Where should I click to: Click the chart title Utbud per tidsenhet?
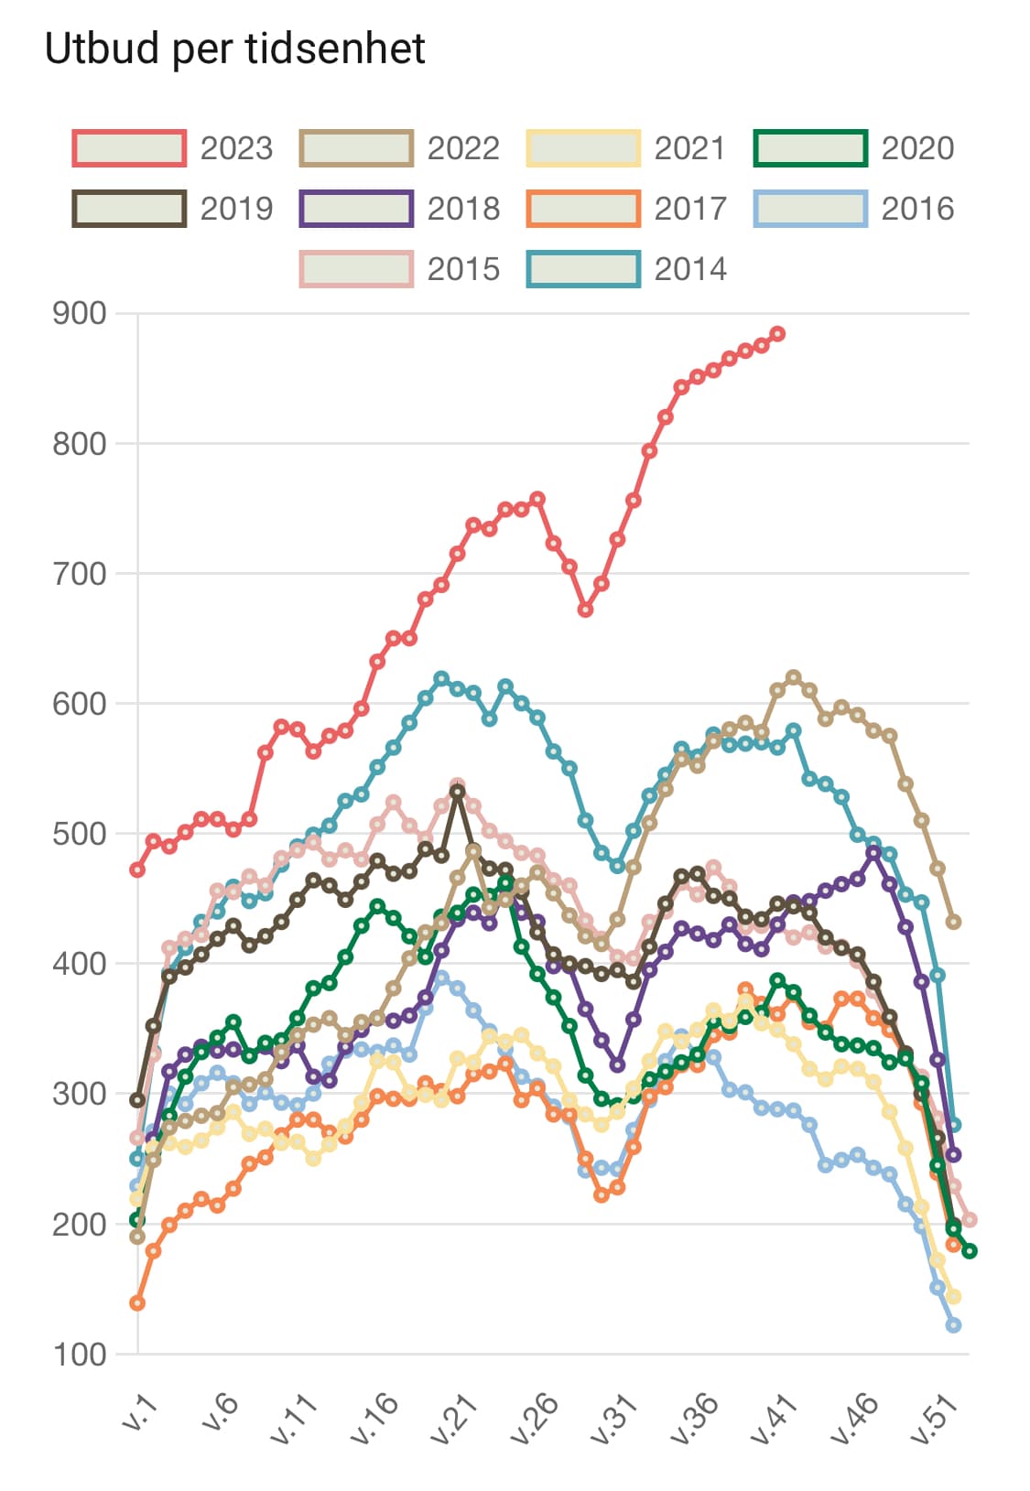[x=235, y=49]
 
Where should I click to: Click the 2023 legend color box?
[x=129, y=148]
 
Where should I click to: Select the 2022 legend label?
[x=463, y=148]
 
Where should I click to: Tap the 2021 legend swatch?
[x=583, y=148]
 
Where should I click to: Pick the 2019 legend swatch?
[x=129, y=209]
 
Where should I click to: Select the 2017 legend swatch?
[x=583, y=209]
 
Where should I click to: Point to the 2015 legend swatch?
[x=356, y=269]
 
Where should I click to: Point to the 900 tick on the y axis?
[x=80, y=314]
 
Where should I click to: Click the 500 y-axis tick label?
[x=80, y=834]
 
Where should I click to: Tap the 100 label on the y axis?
[x=80, y=1355]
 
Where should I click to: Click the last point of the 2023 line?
[x=778, y=334]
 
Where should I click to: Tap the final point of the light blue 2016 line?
[x=953, y=1325]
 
